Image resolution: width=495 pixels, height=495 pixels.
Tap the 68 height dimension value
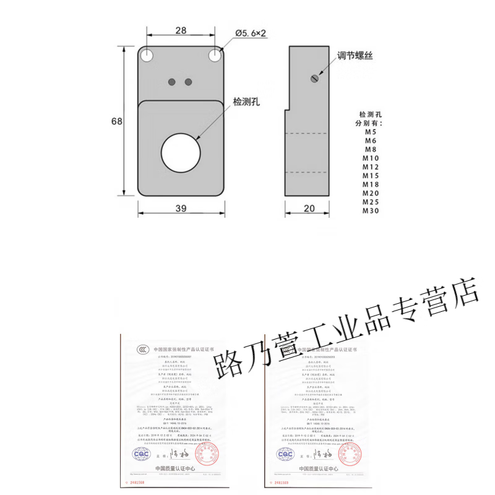(116, 121)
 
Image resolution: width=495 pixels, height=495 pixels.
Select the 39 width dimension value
(181, 209)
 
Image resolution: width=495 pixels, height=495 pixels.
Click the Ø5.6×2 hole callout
(250, 32)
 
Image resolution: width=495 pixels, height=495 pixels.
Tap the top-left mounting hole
(147, 55)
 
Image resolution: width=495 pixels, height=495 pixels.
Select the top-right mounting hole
(215, 55)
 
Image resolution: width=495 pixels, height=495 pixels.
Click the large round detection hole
(180, 151)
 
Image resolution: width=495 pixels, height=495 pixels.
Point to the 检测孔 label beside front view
(246, 102)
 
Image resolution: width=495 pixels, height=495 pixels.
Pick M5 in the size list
(371, 132)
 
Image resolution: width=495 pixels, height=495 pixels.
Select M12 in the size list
(371, 167)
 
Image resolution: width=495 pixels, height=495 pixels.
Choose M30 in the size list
(371, 211)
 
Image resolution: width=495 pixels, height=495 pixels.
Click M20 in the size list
(371, 194)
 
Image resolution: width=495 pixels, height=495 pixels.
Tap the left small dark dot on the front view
(174, 81)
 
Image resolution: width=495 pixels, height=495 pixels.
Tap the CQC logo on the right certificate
(286, 454)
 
